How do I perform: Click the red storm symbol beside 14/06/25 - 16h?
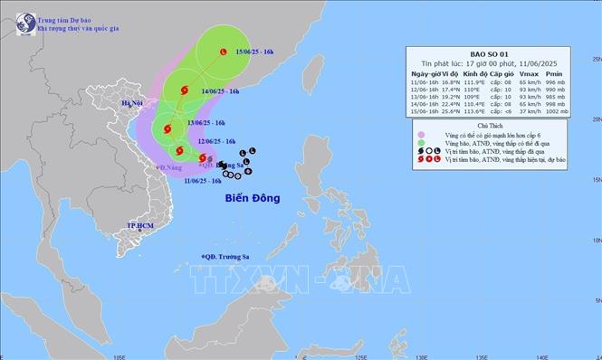tap(185, 90)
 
